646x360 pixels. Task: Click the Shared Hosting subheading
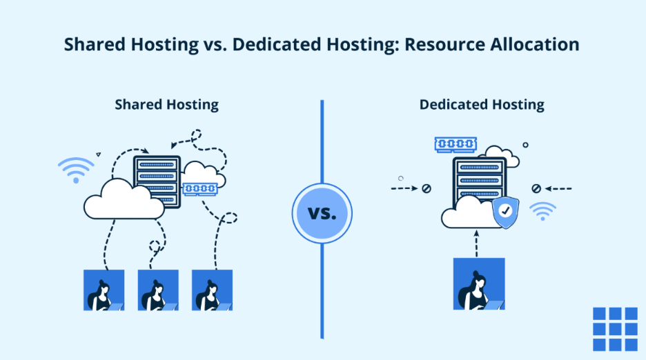pos(166,105)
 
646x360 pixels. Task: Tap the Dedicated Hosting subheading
pos(482,105)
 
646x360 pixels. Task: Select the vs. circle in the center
pos(322,213)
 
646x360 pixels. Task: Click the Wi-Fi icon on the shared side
pos(76,170)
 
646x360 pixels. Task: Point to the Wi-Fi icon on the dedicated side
pos(542,211)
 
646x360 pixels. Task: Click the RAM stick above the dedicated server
pos(455,144)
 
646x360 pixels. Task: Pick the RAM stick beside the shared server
pos(200,188)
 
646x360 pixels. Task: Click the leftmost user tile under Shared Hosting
pos(104,290)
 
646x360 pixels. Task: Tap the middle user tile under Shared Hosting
pos(158,290)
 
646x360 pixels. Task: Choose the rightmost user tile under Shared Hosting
pos(212,290)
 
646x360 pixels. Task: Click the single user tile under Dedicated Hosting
pos(479,283)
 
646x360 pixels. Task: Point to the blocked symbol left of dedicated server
pos(427,188)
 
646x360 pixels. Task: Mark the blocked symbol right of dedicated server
pos(536,188)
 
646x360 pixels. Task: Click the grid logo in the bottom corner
pos(615,329)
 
